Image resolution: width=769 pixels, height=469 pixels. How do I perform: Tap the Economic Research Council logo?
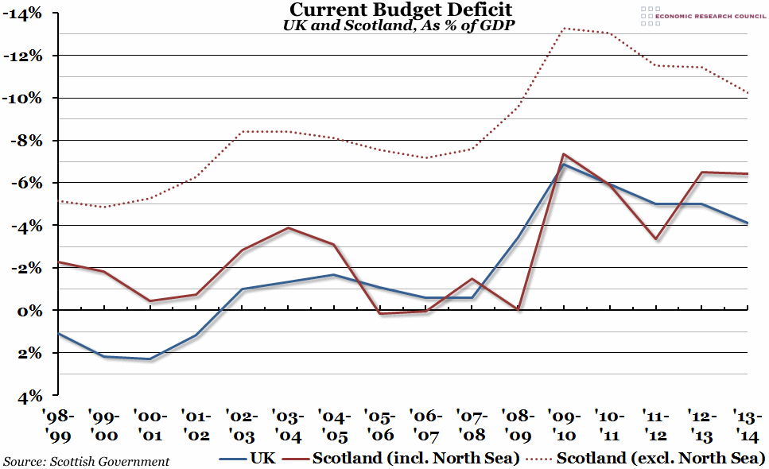click(701, 14)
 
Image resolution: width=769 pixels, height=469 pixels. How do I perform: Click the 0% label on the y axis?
click(30, 310)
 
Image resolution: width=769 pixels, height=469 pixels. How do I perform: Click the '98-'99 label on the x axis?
click(60, 424)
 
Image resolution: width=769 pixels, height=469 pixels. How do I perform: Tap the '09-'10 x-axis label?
click(564, 424)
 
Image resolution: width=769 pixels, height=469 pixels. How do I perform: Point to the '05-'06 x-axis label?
click(381, 424)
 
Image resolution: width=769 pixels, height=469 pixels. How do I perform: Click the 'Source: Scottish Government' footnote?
click(86, 461)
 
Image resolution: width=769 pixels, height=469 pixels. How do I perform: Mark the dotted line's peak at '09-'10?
click(564, 29)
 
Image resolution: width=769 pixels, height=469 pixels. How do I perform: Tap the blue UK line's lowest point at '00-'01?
click(150, 359)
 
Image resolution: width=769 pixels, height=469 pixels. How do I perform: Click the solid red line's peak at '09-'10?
click(563, 154)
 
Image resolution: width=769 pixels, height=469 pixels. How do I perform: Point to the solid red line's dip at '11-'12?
click(655, 239)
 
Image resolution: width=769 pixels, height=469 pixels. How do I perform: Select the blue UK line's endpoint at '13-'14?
click(748, 223)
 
